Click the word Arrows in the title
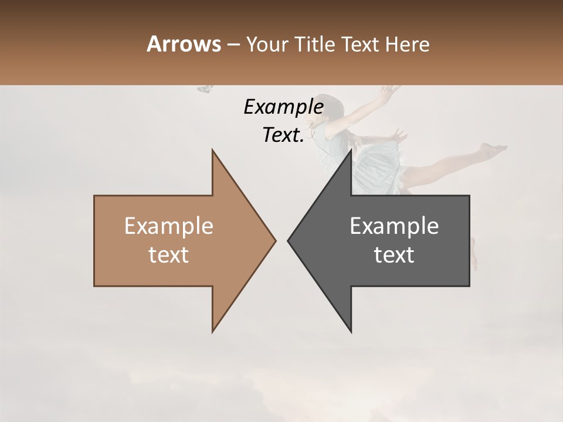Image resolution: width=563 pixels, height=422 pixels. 184,44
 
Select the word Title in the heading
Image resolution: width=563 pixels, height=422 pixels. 311,44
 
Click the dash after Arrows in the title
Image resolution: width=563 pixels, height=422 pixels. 233,45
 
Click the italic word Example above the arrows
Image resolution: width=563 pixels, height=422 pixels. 283,107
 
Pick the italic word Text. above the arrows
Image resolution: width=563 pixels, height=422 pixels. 283,135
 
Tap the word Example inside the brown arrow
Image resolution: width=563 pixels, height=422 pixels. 168,226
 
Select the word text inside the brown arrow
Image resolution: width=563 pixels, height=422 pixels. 168,255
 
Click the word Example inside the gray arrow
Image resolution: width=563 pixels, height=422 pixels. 394,226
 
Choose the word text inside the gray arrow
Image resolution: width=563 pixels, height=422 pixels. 394,255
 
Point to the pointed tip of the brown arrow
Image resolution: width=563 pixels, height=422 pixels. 275,240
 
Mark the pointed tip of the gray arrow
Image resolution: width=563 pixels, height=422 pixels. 288,240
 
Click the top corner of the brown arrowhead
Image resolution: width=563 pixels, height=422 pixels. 212,150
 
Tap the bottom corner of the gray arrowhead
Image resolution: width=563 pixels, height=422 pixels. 351,332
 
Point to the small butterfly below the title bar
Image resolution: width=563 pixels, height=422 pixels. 205,89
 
